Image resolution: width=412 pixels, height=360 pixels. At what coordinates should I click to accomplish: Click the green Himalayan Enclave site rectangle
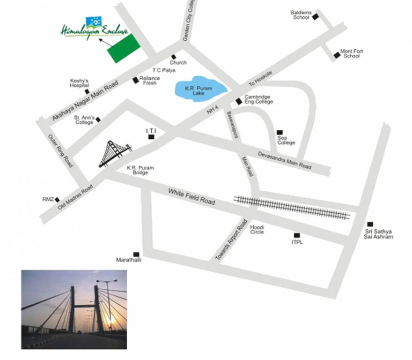[x=124, y=48]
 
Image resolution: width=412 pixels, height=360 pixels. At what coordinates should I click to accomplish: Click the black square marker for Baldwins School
[x=316, y=17]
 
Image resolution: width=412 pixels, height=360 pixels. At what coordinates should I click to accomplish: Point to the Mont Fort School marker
[x=337, y=55]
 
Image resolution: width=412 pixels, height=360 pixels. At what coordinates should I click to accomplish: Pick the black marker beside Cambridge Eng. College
[x=239, y=101]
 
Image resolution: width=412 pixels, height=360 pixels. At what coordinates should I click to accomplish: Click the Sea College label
[x=286, y=140]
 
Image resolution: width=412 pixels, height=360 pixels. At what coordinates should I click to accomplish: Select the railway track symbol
[x=292, y=207]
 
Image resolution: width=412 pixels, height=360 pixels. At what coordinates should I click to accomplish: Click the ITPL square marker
[x=296, y=235]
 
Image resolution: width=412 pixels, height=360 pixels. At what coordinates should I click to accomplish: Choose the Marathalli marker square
[x=136, y=254]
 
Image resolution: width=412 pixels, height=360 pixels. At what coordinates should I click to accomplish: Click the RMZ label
[x=48, y=200]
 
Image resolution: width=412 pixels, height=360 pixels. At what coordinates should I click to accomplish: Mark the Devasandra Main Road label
[x=285, y=160]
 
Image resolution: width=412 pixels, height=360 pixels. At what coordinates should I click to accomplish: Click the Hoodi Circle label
[x=257, y=230]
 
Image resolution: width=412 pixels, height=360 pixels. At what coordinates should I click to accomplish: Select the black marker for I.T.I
[x=151, y=137]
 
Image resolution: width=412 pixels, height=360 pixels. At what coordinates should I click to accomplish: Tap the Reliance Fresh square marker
[x=135, y=80]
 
